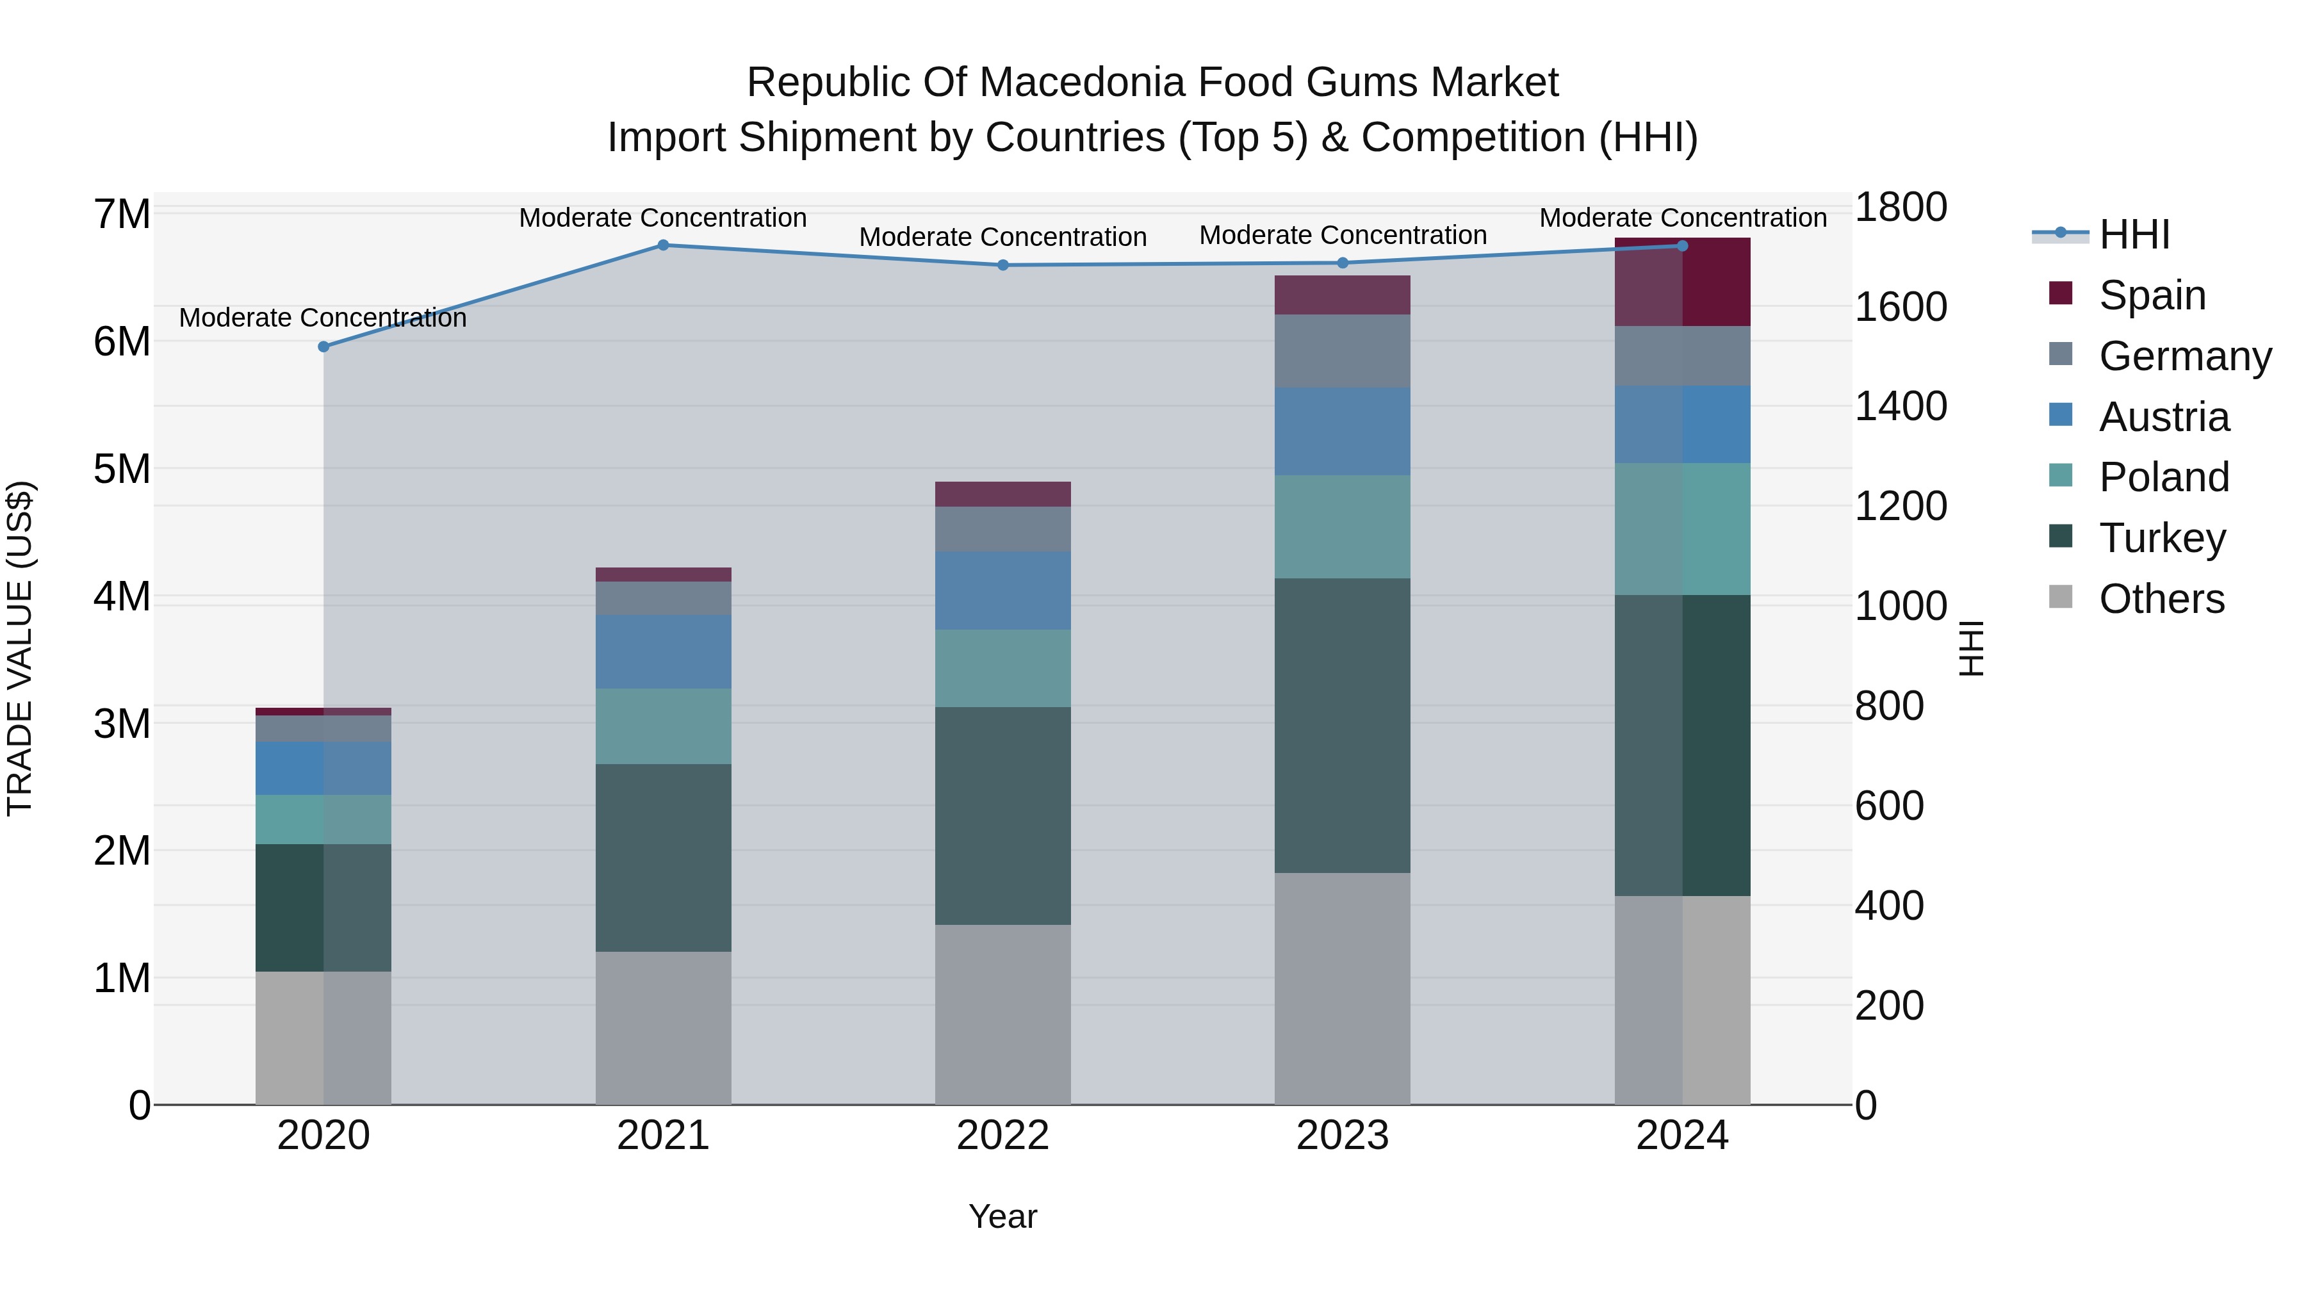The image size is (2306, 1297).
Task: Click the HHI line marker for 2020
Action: click(324, 347)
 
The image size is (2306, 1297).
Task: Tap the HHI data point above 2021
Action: click(664, 245)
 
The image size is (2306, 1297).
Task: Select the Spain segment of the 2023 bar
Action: click(1342, 295)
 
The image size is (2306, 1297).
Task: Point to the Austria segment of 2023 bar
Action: click(1342, 432)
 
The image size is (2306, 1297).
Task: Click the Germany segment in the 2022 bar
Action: click(1002, 529)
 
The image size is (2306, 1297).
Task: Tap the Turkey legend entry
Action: click(2161, 538)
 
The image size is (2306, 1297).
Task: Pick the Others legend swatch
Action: click(2061, 597)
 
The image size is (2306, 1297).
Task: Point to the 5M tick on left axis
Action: click(122, 469)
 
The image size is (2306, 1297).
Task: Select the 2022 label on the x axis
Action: click(1002, 1136)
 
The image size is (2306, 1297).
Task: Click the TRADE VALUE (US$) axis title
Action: click(20, 648)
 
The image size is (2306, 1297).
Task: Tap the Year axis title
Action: click(1002, 1216)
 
